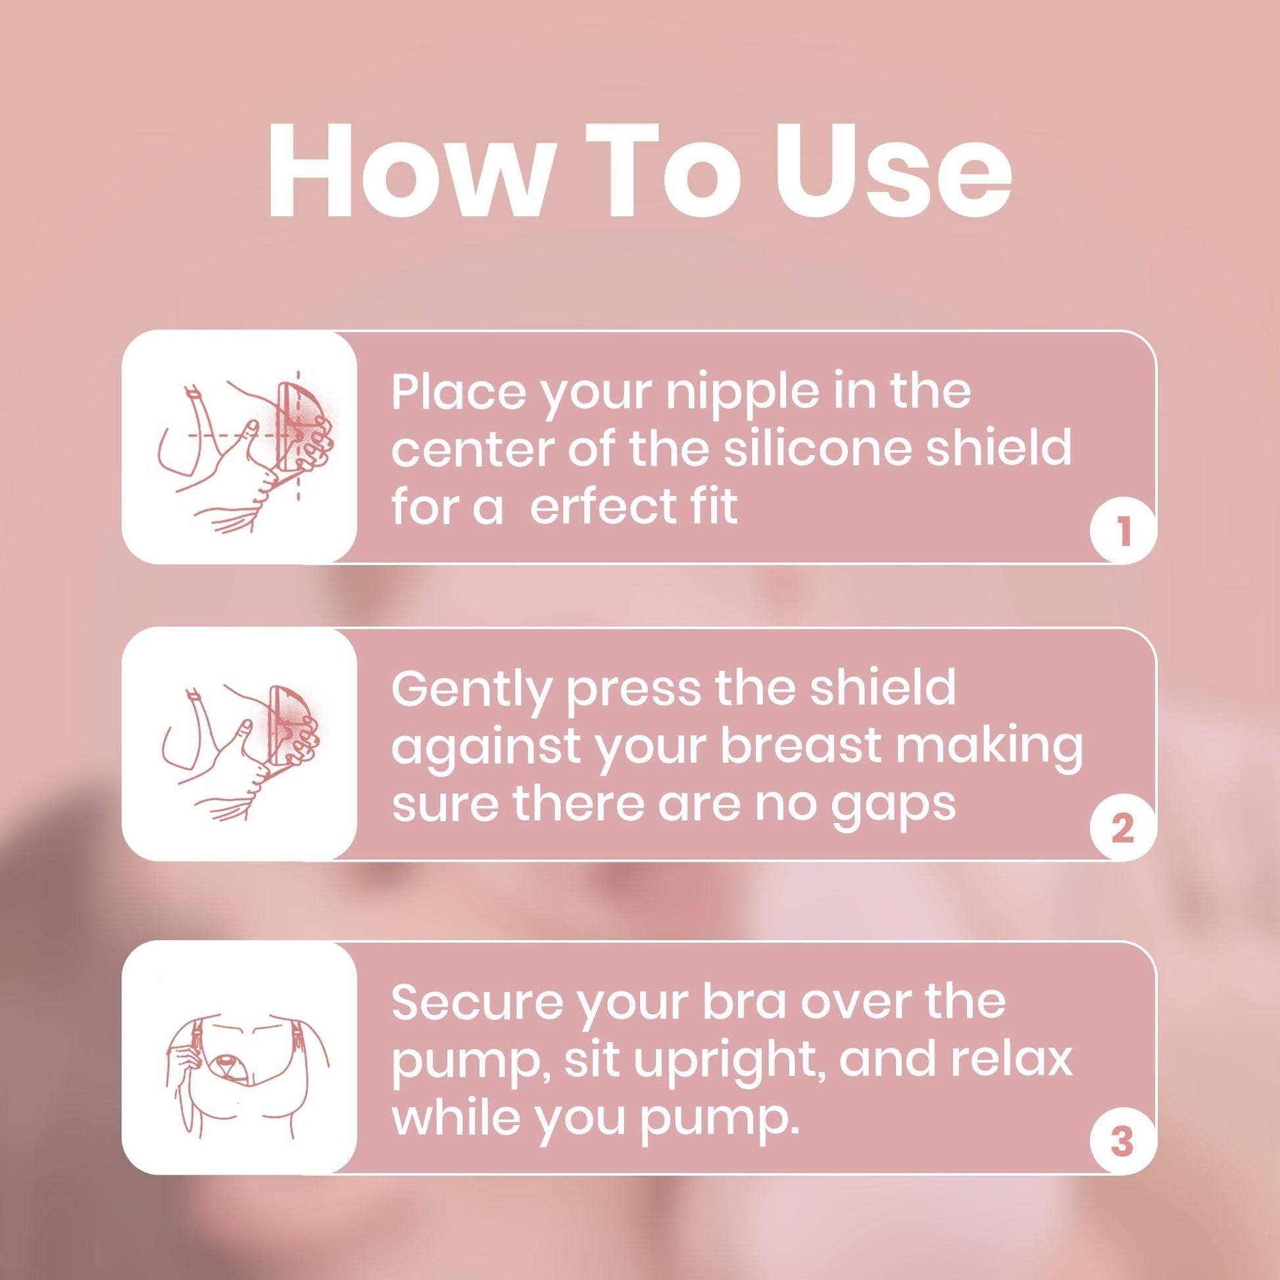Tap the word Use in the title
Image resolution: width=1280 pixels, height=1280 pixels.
pyautogui.click(x=893, y=170)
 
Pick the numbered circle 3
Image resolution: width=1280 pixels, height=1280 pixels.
pyautogui.click(x=1122, y=1141)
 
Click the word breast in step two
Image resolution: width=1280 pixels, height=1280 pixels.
pyautogui.click(x=799, y=745)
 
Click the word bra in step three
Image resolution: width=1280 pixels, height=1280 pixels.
pyautogui.click(x=745, y=1002)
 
